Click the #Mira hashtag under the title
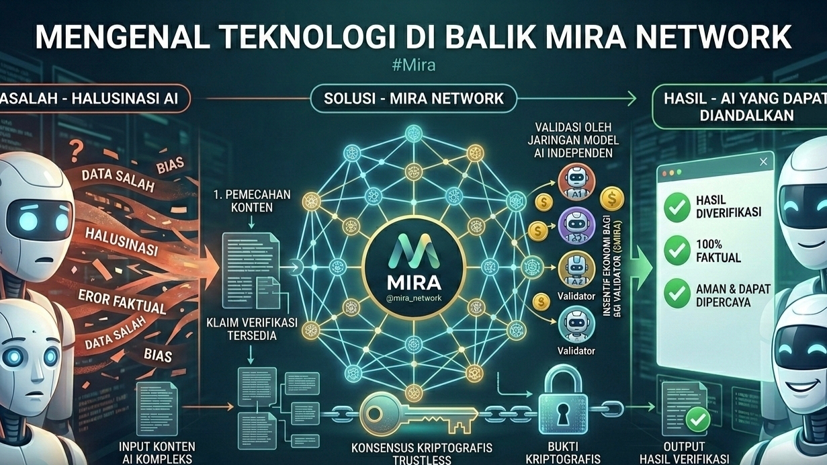413,66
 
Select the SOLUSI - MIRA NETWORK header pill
414,99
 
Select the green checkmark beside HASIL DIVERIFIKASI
677,207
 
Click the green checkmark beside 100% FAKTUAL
677,251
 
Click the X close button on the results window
763,162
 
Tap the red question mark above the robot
76,147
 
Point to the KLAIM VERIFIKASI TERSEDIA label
251,329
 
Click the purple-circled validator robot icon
576,226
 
